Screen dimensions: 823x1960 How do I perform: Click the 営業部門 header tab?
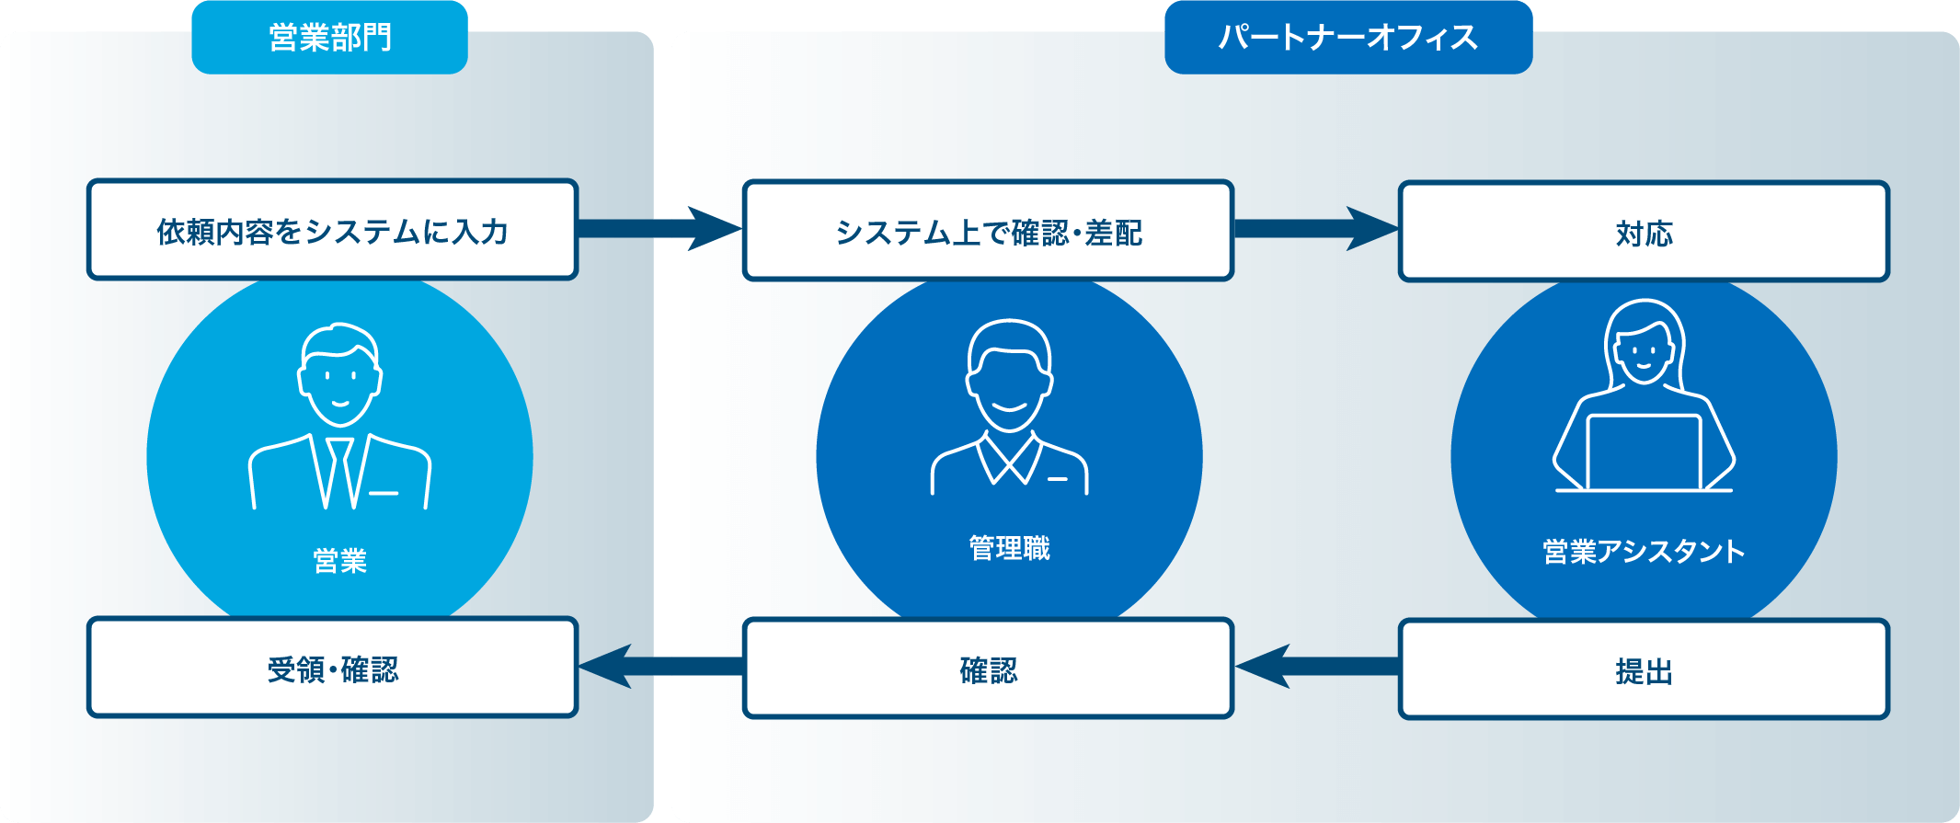pyautogui.click(x=329, y=38)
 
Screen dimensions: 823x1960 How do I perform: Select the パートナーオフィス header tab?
pyautogui.click(x=1347, y=38)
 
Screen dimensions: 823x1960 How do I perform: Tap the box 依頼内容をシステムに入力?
pyautogui.click(x=332, y=230)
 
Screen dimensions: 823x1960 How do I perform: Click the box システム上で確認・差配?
pyautogui.click(x=988, y=231)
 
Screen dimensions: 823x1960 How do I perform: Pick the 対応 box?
pyautogui.click(x=1643, y=232)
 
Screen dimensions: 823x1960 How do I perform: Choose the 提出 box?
pyautogui.click(x=1643, y=669)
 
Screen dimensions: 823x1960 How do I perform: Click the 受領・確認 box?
pyautogui.click(x=332, y=668)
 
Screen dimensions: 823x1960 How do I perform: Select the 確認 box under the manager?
pyautogui.click(x=988, y=669)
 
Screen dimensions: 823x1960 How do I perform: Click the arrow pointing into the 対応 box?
pyautogui.click(x=1315, y=228)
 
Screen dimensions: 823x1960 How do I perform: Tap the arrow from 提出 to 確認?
pyautogui.click(x=1315, y=666)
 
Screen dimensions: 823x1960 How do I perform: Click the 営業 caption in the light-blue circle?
pyautogui.click(x=339, y=560)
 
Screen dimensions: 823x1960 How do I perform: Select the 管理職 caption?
pyautogui.click(x=1009, y=548)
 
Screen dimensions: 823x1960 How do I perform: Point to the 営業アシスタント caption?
pyautogui.click(x=1643, y=551)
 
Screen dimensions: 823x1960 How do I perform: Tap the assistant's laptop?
pyautogui.click(x=1643, y=452)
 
